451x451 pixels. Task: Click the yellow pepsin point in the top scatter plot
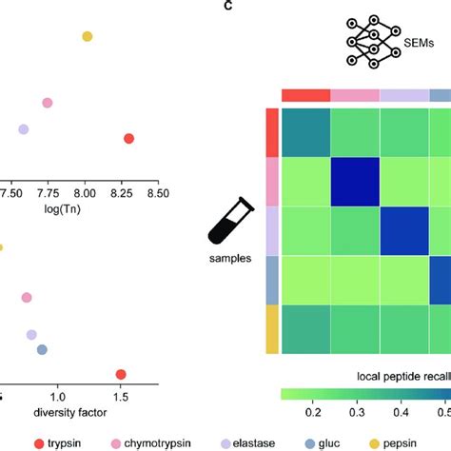click(87, 36)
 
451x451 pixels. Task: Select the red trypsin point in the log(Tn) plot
click(128, 139)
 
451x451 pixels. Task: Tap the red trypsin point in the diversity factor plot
click(120, 374)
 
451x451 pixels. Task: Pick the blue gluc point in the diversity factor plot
click(41, 350)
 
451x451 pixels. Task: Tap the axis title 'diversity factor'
click(71, 412)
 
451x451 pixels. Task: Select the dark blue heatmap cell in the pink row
click(354, 181)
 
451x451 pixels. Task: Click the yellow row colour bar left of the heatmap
click(271, 328)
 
